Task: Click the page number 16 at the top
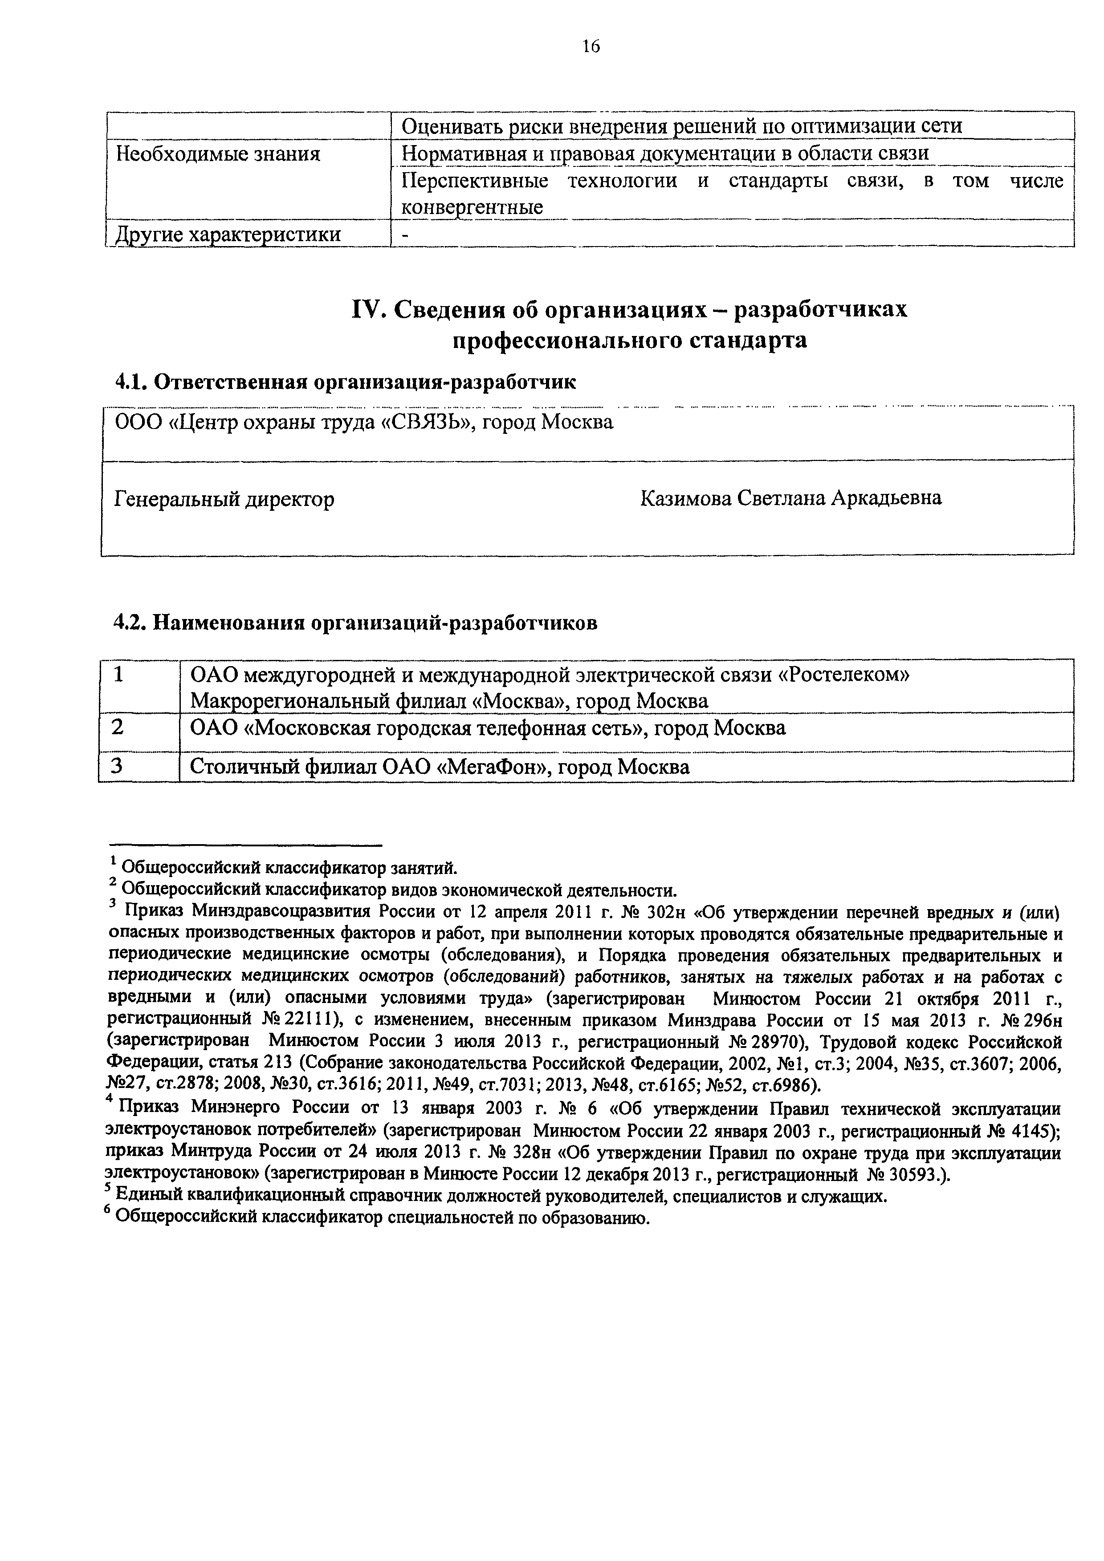[591, 47]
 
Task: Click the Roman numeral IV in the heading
[365, 310]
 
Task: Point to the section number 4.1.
[129, 383]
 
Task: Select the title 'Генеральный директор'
[224, 500]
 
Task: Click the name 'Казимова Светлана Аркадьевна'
[790, 498]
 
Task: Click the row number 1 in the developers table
[119, 675]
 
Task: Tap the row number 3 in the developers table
[118, 766]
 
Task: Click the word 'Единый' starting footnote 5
[143, 1196]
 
